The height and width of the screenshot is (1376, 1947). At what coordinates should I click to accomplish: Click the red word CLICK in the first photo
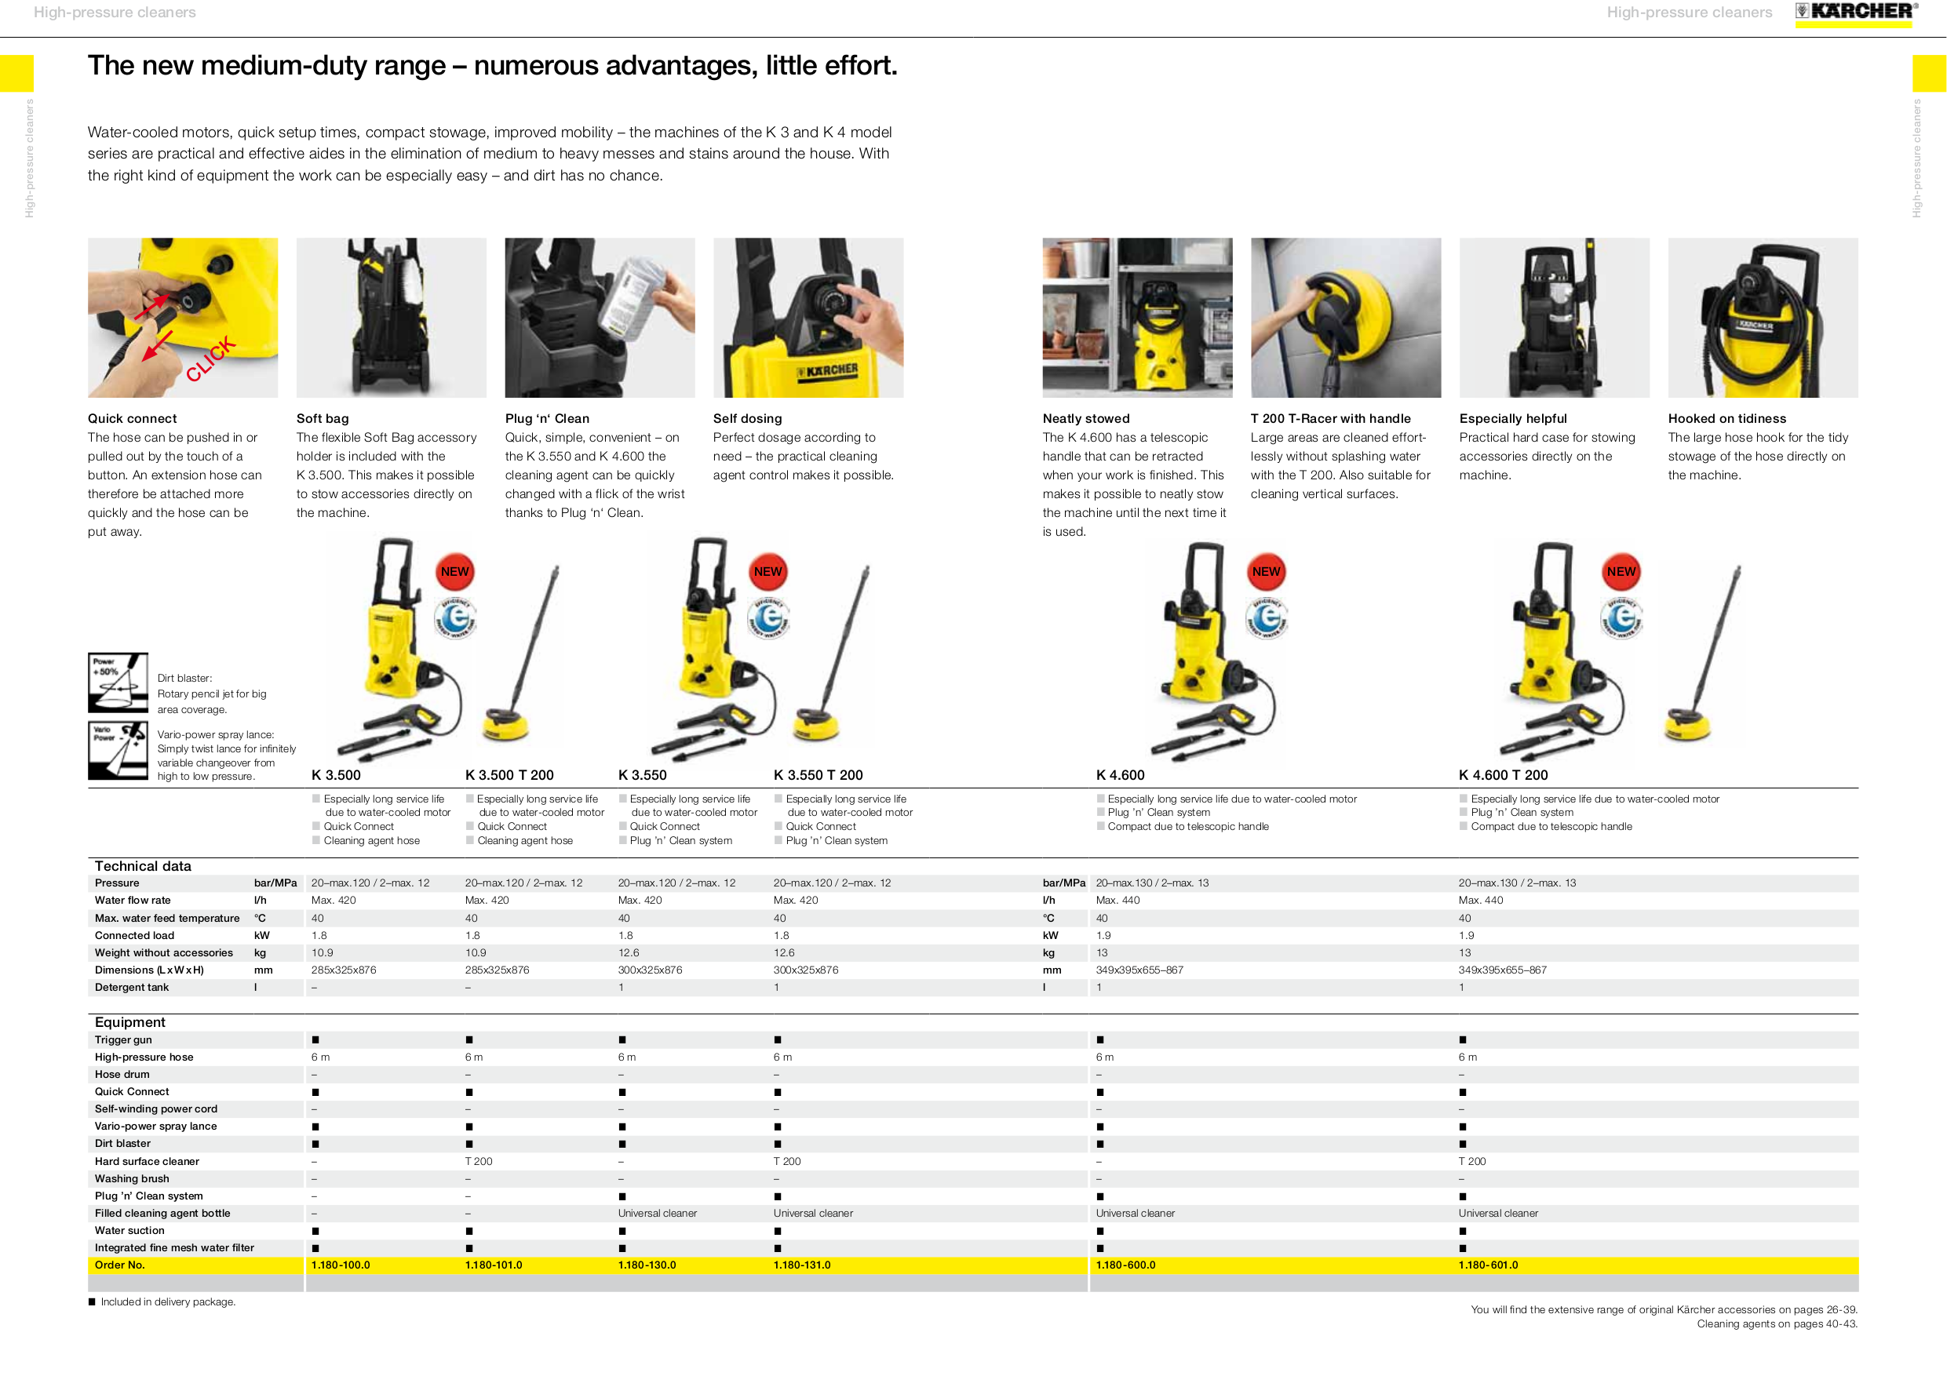coord(210,359)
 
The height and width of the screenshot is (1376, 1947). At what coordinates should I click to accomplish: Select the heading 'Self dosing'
coord(747,419)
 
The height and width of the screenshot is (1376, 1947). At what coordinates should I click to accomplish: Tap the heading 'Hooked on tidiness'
coord(1726,419)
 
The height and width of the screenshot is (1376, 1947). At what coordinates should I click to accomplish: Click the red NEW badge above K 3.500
coord(454,571)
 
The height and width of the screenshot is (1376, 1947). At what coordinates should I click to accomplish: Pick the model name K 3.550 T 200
coord(818,775)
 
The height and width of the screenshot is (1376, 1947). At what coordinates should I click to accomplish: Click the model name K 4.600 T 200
coord(1503,775)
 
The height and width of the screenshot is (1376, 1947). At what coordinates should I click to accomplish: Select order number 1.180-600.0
coord(1125,1265)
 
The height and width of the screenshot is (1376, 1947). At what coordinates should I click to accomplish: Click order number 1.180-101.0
coord(494,1265)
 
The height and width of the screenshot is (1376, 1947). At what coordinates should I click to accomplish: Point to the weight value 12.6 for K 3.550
coord(629,953)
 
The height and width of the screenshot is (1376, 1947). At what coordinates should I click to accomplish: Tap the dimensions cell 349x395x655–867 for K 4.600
coord(1139,970)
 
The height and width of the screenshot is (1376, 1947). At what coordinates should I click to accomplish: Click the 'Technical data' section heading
coord(143,865)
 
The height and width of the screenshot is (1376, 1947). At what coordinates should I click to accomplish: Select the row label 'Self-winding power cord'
coord(156,1109)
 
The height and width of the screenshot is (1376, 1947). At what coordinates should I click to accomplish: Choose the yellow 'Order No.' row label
coord(119,1265)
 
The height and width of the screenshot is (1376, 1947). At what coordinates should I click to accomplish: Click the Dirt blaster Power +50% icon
coord(118,683)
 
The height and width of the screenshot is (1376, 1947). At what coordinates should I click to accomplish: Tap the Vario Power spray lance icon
coord(118,750)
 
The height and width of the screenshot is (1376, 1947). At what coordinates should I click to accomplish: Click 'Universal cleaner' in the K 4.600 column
coord(1135,1214)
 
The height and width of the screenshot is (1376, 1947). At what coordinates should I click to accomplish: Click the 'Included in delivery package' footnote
coord(167,1302)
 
